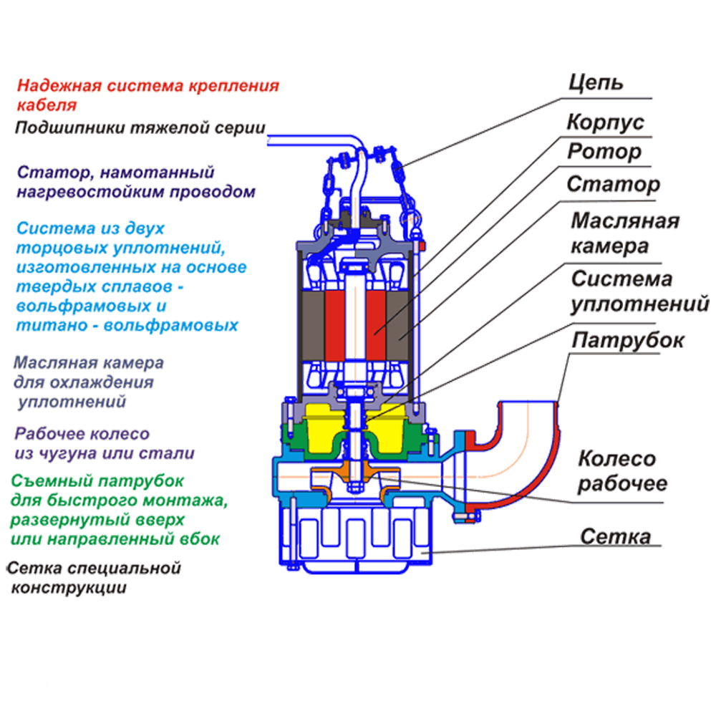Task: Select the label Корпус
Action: click(x=605, y=122)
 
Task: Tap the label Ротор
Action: click(x=604, y=153)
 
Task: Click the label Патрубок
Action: click(x=627, y=341)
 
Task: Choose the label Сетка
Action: click(x=616, y=536)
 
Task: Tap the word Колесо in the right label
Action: click(x=616, y=459)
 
